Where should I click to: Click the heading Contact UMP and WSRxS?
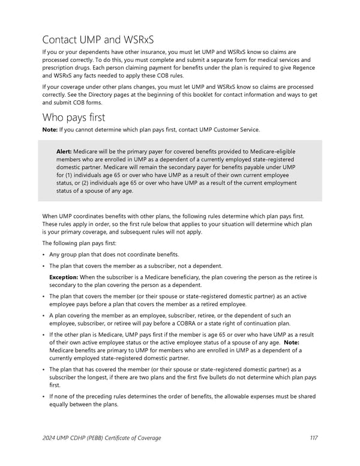point(98,40)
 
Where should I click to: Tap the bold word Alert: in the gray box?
point(64,151)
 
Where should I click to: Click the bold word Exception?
point(68,277)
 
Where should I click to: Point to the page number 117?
point(313,438)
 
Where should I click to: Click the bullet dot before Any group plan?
point(44,254)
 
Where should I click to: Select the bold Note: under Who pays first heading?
point(50,130)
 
